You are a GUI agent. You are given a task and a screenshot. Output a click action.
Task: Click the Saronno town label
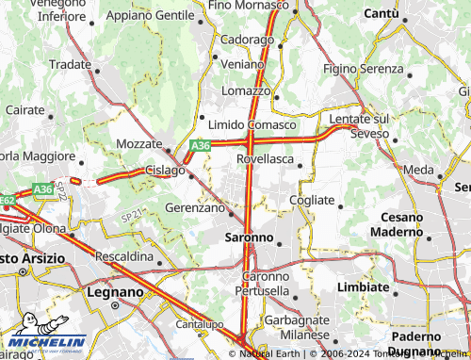[250, 237]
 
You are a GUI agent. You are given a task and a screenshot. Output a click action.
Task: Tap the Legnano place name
[114, 292]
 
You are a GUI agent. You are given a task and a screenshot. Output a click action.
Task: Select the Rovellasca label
[266, 160]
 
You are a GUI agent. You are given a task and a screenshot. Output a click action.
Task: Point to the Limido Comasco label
[252, 125]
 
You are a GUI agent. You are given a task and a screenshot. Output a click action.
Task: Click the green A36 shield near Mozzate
[199, 146]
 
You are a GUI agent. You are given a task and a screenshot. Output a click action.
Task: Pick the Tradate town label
[70, 64]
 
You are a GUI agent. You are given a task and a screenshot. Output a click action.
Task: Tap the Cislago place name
[165, 170]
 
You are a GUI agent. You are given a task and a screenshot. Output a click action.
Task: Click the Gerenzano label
[194, 206]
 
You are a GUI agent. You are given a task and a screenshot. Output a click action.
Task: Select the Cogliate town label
[312, 200]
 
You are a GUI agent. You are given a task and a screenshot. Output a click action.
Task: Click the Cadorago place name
[247, 41]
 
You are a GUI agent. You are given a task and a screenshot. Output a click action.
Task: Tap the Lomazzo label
[246, 90]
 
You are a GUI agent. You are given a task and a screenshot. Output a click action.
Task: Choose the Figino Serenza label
[363, 70]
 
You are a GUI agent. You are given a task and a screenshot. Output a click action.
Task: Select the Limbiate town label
[363, 286]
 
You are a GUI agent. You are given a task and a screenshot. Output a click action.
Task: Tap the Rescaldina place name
[124, 256]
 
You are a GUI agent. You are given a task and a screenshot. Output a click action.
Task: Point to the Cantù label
[381, 13]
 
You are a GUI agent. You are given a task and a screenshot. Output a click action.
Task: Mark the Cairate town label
[24, 110]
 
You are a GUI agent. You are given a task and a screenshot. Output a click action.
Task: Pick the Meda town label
[418, 170]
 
